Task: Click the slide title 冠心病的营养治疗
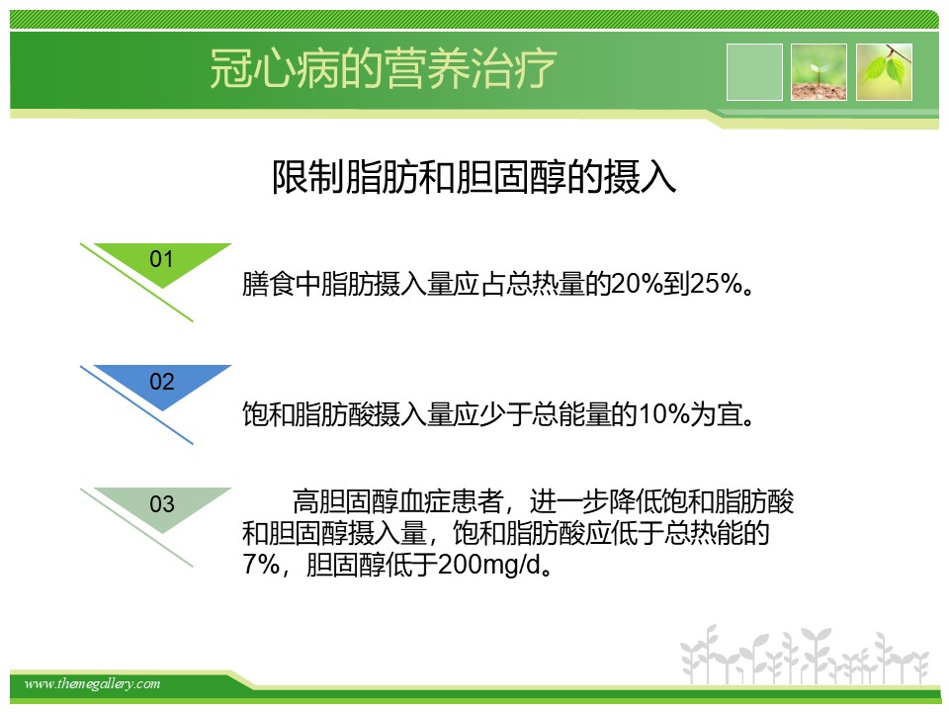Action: (x=383, y=68)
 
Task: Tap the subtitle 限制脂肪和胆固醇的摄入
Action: (x=474, y=177)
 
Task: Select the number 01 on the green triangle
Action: (x=161, y=259)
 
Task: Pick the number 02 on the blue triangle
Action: (x=161, y=382)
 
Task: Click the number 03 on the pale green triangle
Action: (x=161, y=503)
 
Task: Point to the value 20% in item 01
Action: (x=637, y=284)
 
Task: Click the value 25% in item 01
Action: (x=716, y=284)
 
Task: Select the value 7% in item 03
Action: (x=261, y=565)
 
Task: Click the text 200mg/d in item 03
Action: (x=487, y=565)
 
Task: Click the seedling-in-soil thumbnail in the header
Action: (x=819, y=72)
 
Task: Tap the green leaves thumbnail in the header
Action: (x=884, y=72)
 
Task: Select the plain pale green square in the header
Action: (x=754, y=72)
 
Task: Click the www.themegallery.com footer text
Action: (x=92, y=684)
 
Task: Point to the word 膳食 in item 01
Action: (x=268, y=284)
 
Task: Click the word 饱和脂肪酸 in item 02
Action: (x=308, y=414)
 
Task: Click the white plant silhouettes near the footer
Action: (x=805, y=655)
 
